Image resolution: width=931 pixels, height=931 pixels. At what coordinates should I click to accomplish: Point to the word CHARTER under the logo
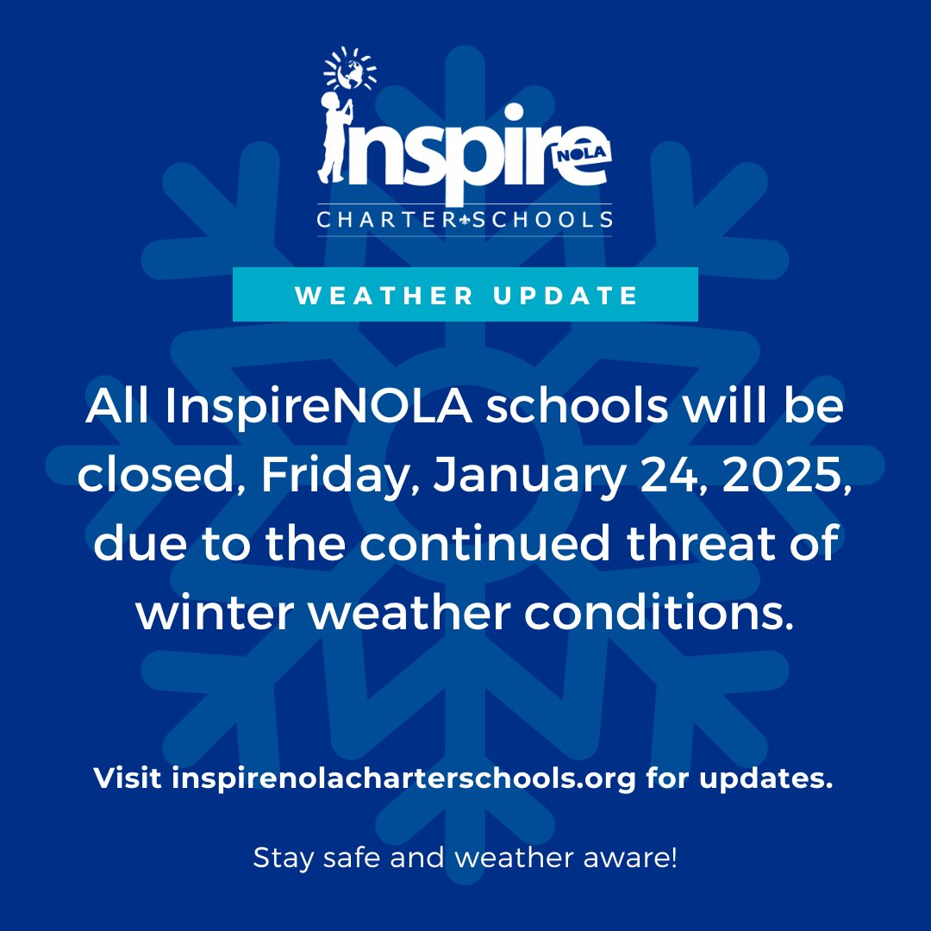point(384,221)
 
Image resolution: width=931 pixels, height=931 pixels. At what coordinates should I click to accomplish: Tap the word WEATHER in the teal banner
point(384,296)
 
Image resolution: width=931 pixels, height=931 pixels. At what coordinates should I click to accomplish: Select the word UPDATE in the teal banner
point(569,296)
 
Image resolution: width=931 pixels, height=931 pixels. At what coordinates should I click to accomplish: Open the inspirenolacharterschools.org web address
point(403,779)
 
